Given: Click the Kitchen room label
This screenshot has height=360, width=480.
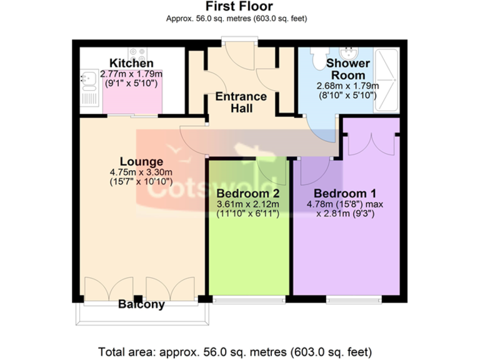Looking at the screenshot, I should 131,64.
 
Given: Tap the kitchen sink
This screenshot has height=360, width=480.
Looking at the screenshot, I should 88,79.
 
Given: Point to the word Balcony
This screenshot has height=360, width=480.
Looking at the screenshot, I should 141,305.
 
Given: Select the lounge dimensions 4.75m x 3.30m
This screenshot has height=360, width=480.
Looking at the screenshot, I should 141,172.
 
